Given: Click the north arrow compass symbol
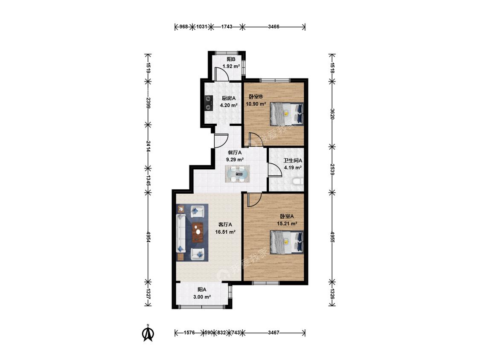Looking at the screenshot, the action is [x=148, y=333].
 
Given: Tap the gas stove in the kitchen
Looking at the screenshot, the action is [x=209, y=103].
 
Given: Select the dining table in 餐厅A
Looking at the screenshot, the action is [x=237, y=174].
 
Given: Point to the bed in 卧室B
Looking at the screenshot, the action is [x=287, y=114].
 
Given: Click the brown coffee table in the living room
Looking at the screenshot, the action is [x=198, y=232].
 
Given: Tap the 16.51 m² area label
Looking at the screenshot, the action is [x=225, y=232].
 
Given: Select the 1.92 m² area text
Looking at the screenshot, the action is [x=231, y=66].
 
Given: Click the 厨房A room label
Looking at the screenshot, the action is [x=229, y=98].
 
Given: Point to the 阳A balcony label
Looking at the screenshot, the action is [x=202, y=290].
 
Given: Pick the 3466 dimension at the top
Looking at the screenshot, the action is [x=273, y=26].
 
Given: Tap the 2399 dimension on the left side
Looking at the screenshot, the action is [x=148, y=103].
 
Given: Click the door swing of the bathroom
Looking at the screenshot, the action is [x=275, y=170].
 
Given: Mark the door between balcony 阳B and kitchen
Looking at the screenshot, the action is [x=221, y=74].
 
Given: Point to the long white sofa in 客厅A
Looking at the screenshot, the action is [x=181, y=233].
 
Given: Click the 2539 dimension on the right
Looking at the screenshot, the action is [x=332, y=169].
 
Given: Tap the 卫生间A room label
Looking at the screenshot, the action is [x=293, y=160].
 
